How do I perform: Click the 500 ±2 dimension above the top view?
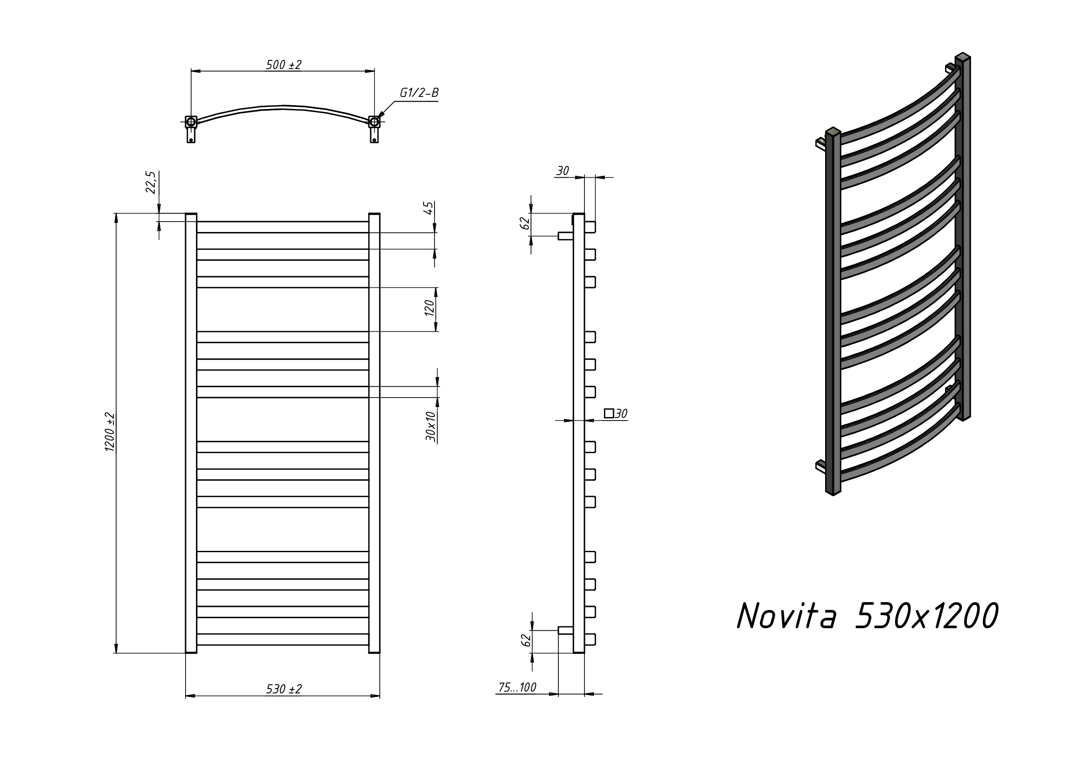pyautogui.click(x=284, y=65)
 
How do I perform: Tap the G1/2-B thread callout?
pyautogui.click(x=419, y=93)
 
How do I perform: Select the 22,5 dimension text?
pyautogui.click(x=150, y=182)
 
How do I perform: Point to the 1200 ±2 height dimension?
pyautogui.click(x=109, y=432)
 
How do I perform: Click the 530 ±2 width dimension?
pyautogui.click(x=284, y=689)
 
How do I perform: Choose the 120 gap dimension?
pyautogui.click(x=430, y=308)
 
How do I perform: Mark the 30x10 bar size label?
pyautogui.click(x=431, y=426)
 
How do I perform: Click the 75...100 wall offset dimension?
pyautogui.click(x=517, y=687)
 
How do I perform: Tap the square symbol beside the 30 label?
pyautogui.click(x=608, y=413)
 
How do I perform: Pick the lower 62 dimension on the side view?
pyautogui.click(x=526, y=639)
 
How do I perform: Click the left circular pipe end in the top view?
pyautogui.click(x=191, y=122)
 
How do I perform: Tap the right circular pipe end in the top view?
pyautogui.click(x=374, y=122)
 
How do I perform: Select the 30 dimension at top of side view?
pyautogui.click(x=563, y=171)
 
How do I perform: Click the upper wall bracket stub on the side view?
pyautogui.click(x=565, y=236)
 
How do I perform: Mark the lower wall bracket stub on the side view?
pyautogui.click(x=565, y=630)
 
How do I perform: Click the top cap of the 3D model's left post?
pyautogui.click(x=833, y=132)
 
